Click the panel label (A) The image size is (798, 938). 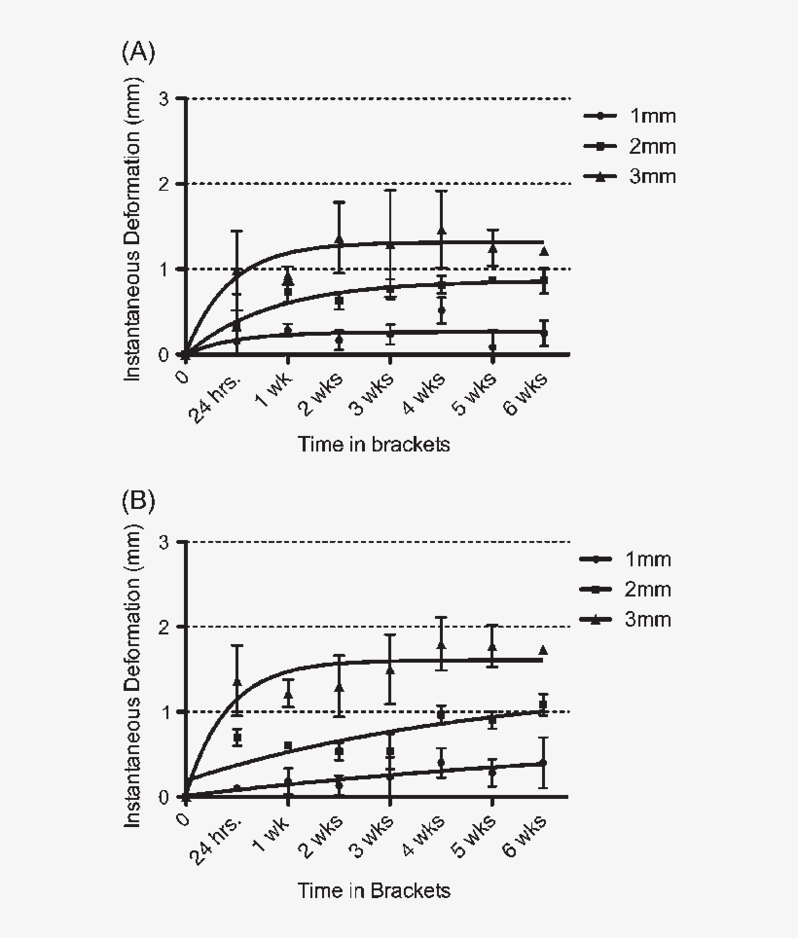pyautogui.click(x=138, y=53)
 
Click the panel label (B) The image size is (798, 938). pyautogui.click(x=138, y=500)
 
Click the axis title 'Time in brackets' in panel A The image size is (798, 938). pyautogui.click(x=374, y=445)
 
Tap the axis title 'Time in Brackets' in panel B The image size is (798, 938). pyautogui.click(x=374, y=890)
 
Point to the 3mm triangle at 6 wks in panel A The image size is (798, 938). pyautogui.click(x=544, y=251)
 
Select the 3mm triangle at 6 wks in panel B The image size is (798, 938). pyautogui.click(x=543, y=650)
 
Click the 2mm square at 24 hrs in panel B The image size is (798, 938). pyautogui.click(x=236, y=738)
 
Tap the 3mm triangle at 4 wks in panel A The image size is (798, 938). pyautogui.click(x=441, y=231)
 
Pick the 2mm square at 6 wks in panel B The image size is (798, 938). pyautogui.click(x=543, y=704)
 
